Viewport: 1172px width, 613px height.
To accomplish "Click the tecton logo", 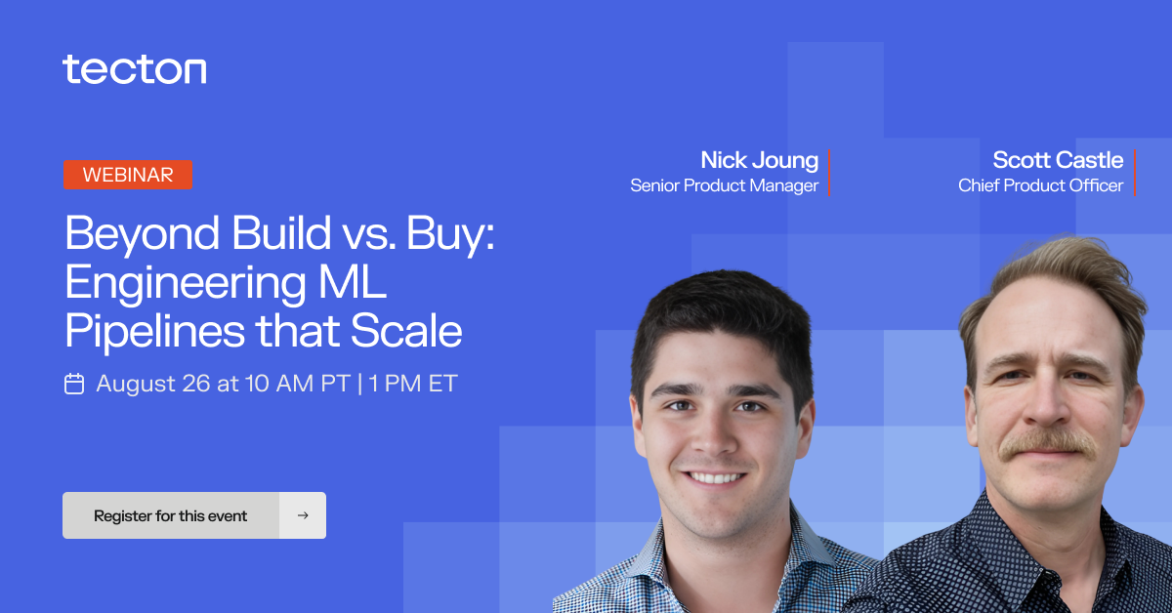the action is coord(135,69).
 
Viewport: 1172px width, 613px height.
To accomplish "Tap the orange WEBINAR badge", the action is coord(128,175).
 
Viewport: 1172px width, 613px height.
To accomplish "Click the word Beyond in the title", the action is coord(142,234).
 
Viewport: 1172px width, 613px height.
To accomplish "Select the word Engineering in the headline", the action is coord(186,283).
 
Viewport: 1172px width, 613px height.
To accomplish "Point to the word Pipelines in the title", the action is coord(155,331).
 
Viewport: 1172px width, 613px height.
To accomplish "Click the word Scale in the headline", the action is coord(406,331).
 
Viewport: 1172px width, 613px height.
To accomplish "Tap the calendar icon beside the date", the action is coord(74,384).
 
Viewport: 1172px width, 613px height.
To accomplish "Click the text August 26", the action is coord(153,384).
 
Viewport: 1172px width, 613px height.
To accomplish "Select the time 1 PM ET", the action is coord(413,384).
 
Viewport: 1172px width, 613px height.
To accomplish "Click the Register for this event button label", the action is coord(170,515).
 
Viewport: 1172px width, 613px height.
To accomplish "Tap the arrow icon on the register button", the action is coord(303,515).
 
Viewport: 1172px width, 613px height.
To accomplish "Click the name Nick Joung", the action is coord(759,161).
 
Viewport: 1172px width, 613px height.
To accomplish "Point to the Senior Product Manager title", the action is coord(724,185).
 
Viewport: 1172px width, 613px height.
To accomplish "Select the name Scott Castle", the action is coord(1058,160).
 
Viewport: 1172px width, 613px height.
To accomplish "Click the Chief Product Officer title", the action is coord(1041,185).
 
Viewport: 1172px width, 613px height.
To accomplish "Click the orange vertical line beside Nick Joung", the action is coord(829,173).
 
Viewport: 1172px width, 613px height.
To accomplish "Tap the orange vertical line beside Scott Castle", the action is coord(1134,173).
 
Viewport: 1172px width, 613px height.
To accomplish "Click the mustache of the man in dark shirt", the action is coord(1047,444).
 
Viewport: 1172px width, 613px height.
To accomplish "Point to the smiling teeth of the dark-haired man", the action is coord(715,477).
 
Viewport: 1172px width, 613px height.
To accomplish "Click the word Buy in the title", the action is coord(449,234).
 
